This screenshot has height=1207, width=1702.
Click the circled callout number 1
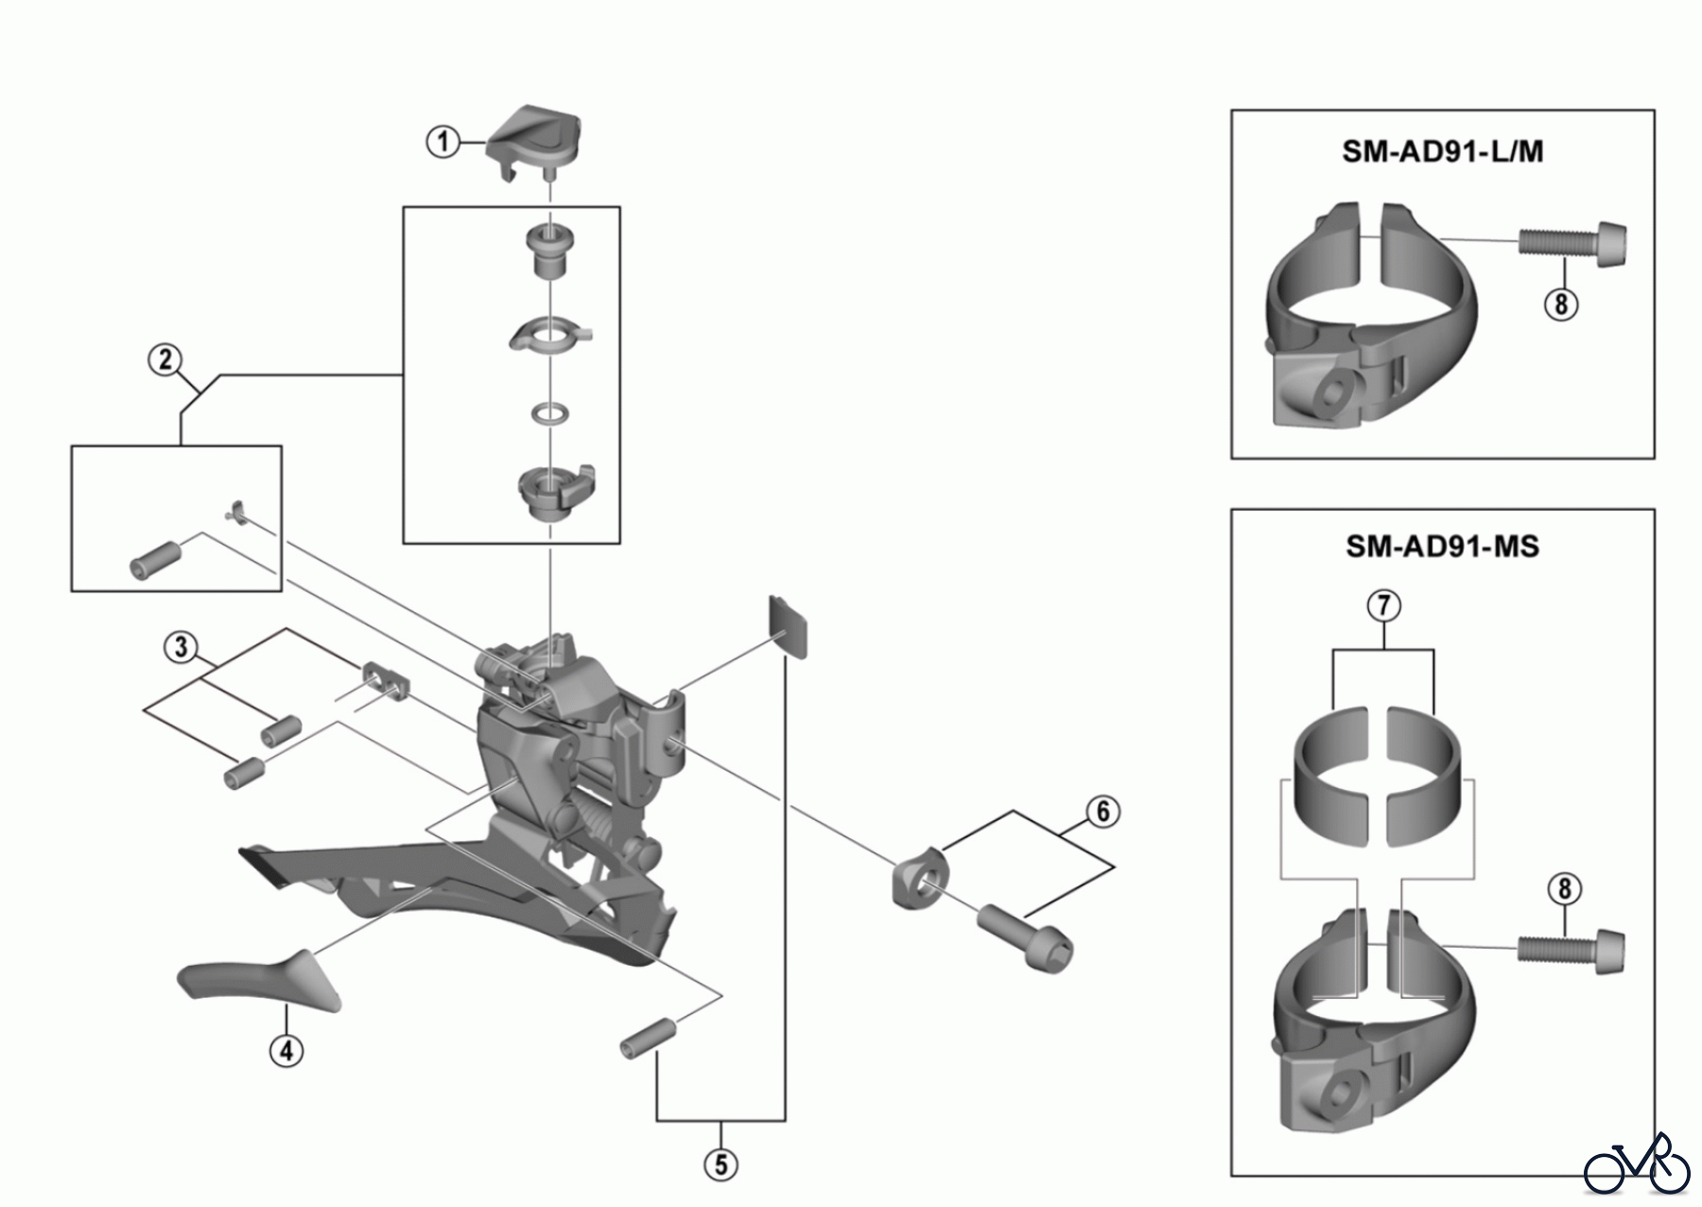pos(442,143)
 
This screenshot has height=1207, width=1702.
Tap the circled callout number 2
pos(165,359)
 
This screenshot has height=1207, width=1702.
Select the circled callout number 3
pos(180,648)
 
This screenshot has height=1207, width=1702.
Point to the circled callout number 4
pos(286,1049)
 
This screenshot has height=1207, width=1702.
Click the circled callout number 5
pos(721,1164)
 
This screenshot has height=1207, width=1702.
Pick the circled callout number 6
pos(1103,812)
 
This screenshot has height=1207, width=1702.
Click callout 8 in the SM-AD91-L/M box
pos(1560,304)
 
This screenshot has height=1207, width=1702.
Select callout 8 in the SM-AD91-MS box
pos(1564,889)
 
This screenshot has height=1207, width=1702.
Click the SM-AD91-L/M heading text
pos(1442,151)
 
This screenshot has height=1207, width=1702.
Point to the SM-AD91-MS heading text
pos(1442,547)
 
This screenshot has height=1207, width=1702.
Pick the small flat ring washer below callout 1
pos(549,412)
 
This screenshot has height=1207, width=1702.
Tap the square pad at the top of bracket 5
pos(789,625)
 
